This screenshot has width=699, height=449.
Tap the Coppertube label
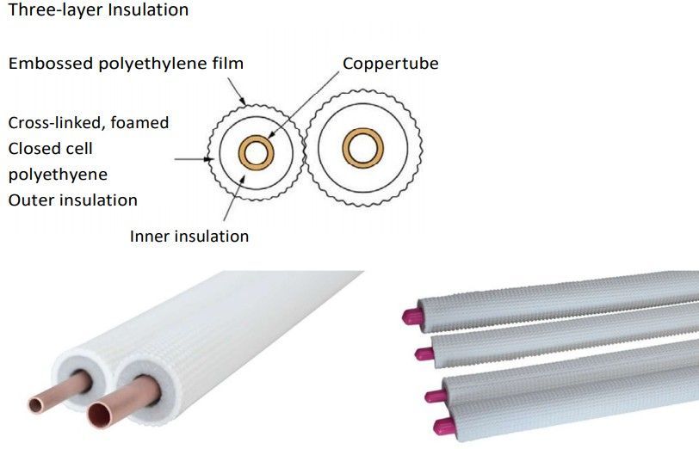pyautogui.click(x=390, y=64)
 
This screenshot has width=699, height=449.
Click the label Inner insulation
pyautogui.click(x=189, y=236)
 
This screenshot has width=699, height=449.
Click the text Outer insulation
pyautogui.click(x=72, y=200)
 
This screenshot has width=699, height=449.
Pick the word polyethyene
pyautogui.click(x=58, y=175)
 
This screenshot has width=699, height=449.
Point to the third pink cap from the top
pyautogui.click(x=431, y=395)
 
